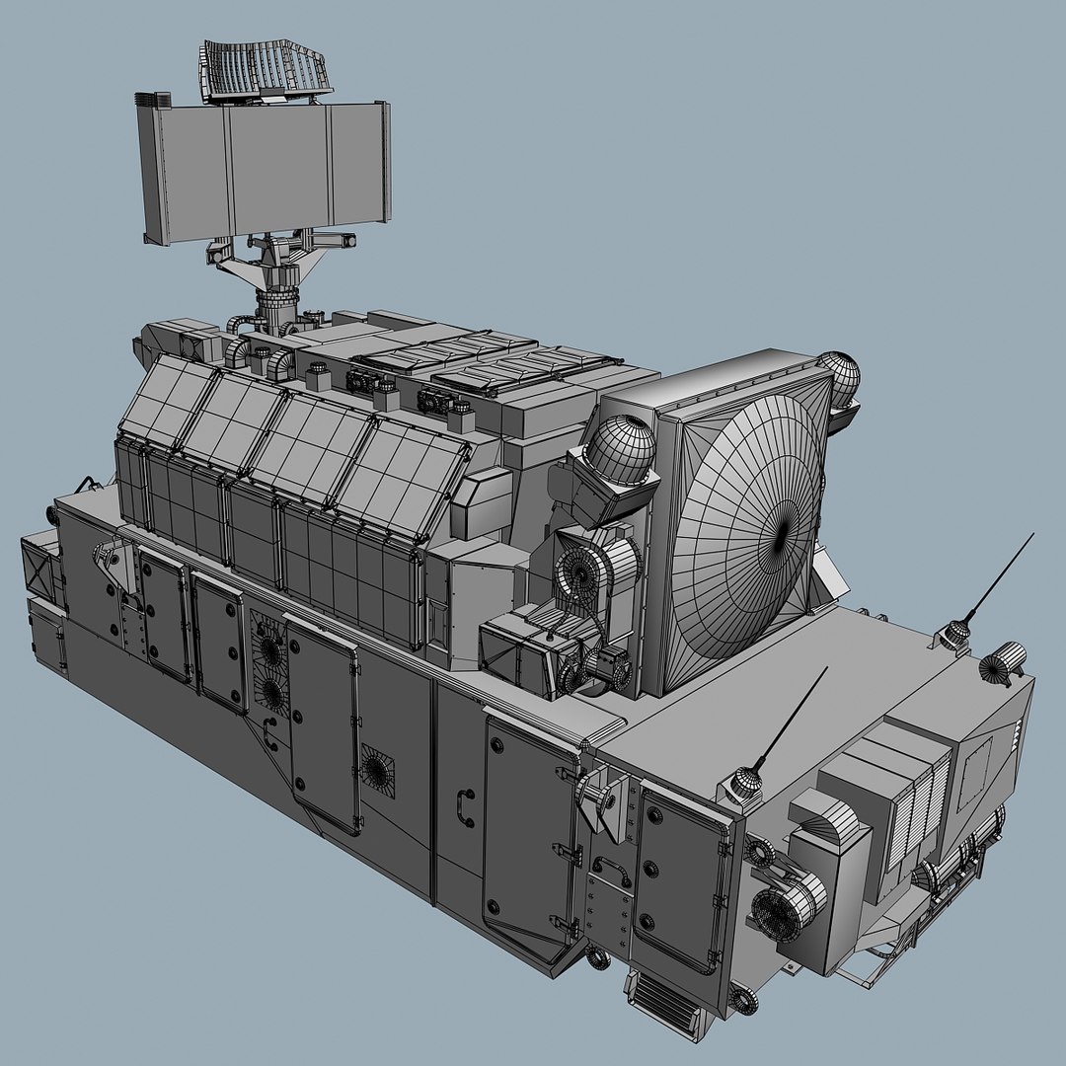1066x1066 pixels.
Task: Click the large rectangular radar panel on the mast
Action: [x=265, y=173]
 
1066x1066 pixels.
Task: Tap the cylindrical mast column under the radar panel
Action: [x=276, y=296]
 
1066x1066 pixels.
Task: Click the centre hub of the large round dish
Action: [x=784, y=533]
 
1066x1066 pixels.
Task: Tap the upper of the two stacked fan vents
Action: [x=268, y=647]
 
